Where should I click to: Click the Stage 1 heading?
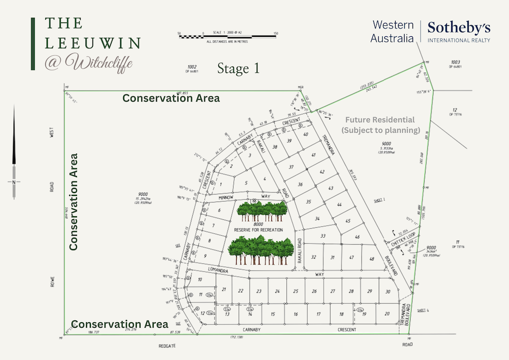point(238,68)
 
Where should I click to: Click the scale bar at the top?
point(228,36)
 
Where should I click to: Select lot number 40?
point(306,134)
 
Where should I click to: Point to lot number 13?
point(227,314)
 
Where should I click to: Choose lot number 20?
point(387,314)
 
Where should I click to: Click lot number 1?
point(220,184)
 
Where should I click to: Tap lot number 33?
point(323,236)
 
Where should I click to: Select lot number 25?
point(296,291)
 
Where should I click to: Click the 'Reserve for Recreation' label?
point(258,230)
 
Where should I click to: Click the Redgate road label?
point(165,344)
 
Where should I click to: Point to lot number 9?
point(205,256)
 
